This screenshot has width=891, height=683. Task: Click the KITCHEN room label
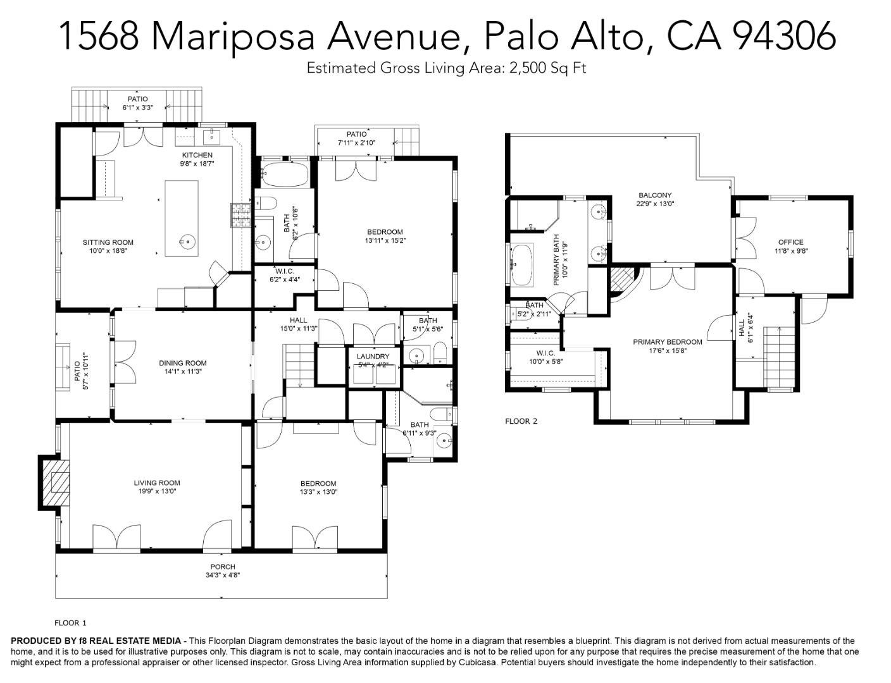[x=197, y=155]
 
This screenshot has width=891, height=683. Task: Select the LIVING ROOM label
[x=157, y=483]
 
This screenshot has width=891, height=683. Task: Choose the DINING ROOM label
[x=182, y=363]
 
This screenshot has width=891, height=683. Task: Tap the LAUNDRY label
[x=373, y=357]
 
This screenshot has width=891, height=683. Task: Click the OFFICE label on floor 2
[x=790, y=242]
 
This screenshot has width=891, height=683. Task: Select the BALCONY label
[x=655, y=195]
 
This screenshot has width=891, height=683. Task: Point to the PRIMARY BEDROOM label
[x=668, y=342]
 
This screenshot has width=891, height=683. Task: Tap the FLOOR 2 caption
[x=521, y=421]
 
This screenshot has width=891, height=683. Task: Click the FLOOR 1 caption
[x=70, y=623]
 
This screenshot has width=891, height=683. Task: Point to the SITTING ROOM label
[x=108, y=242]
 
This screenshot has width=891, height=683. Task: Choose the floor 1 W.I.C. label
[x=285, y=271]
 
